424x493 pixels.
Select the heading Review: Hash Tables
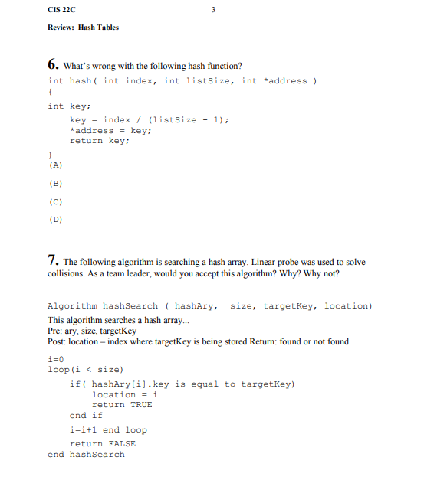[83, 28]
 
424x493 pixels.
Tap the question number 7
[52, 260]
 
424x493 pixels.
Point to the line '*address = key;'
[108, 130]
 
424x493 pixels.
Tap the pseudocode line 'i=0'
[54, 358]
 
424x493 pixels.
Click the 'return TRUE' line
[122, 404]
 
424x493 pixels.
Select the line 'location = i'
[124, 394]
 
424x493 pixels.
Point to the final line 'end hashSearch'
[86, 455]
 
